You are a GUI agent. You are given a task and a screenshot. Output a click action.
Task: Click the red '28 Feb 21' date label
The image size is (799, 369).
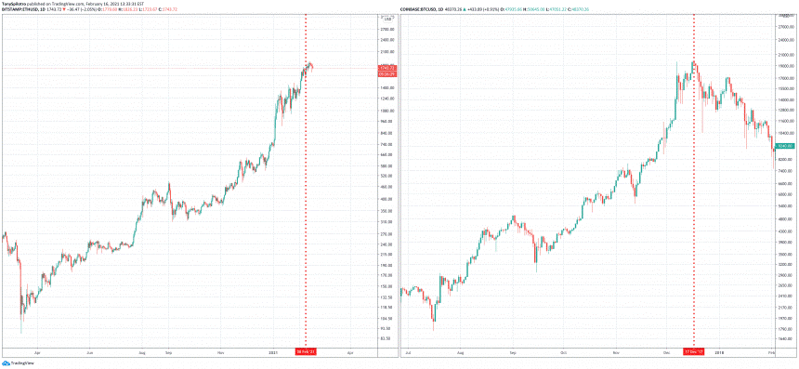coord(306,352)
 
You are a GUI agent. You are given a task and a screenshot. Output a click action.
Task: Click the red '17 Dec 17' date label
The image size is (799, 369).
coord(693,352)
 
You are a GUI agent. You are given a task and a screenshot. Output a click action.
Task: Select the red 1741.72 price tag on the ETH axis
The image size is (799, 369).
coord(387,70)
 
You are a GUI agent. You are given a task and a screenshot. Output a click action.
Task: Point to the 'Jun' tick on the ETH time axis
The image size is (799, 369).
coord(89,352)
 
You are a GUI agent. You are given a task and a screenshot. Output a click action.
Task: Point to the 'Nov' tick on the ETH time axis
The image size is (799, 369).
coord(219,352)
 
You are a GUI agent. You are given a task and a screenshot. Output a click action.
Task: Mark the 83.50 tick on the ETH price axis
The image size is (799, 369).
coord(387,339)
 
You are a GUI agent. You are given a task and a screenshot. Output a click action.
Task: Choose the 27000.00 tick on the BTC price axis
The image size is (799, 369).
coord(786,29)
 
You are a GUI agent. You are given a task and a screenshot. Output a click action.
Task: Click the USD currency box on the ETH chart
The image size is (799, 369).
coord(386,19)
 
